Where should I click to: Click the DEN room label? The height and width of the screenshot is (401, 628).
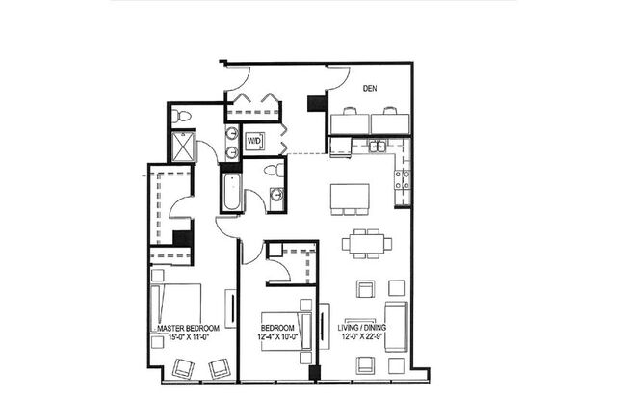[x=369, y=87]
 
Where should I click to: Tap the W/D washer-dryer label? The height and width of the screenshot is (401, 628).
[x=255, y=141]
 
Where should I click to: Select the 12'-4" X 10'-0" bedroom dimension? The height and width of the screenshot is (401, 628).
[x=280, y=338]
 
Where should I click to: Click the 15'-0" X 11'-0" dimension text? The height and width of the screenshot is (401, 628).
[x=183, y=338]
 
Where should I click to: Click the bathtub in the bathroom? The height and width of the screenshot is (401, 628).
[x=230, y=193]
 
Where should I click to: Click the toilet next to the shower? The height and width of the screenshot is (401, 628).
[x=182, y=117]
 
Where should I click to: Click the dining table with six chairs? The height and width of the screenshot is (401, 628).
[x=365, y=242]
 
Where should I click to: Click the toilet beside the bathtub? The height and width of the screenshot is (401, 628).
[x=274, y=171]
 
